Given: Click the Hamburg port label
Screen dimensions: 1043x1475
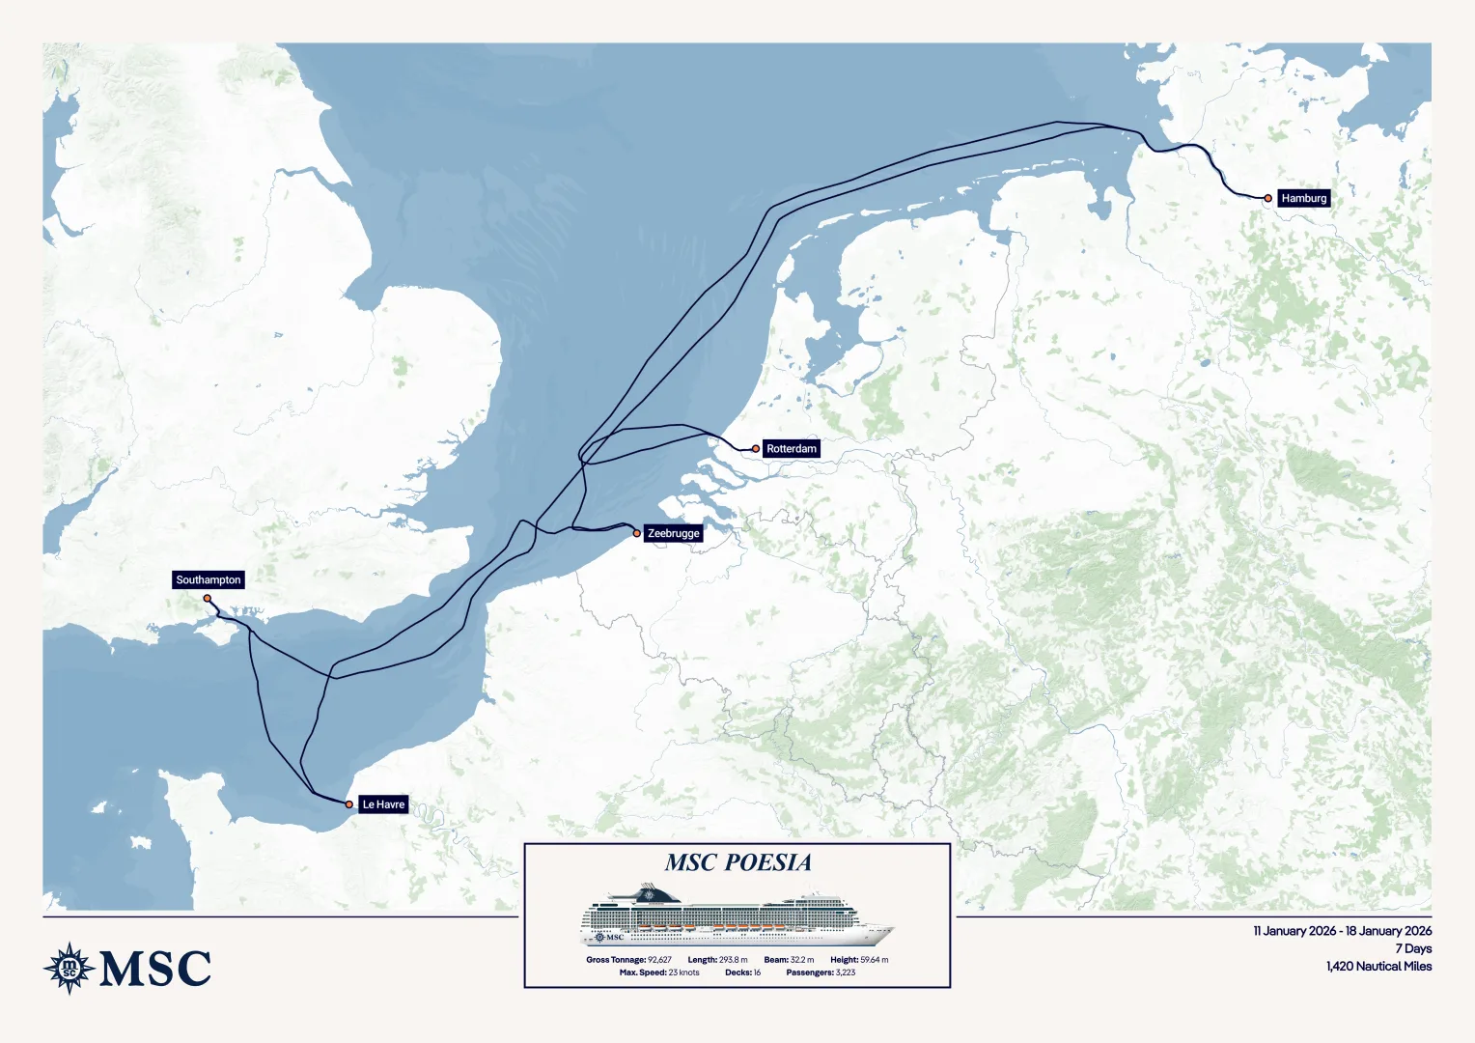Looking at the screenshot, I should (1303, 198).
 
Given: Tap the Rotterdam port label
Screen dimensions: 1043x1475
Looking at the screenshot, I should (791, 449).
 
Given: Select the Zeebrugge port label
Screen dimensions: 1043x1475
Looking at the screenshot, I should (673, 533).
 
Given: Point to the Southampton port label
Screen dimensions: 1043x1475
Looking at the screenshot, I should (209, 580).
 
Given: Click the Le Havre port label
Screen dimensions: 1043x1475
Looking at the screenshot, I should (383, 804).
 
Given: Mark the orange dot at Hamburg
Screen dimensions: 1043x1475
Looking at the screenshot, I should (1268, 198).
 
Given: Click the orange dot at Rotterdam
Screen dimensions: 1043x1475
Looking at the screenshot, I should (756, 449).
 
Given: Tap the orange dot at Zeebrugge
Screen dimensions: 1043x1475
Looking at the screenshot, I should (637, 533).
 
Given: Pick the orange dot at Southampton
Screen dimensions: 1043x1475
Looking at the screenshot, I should (208, 599).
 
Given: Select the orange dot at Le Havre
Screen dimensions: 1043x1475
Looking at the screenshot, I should (349, 804).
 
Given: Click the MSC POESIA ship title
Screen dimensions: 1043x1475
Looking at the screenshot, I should (737, 862).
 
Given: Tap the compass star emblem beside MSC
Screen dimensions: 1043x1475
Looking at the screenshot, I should (69, 968).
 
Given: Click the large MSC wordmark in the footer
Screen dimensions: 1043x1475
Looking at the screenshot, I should (155, 969).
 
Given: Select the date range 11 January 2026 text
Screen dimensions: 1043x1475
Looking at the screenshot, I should (1342, 931).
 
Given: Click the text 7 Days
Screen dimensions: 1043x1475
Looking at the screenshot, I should (1413, 948).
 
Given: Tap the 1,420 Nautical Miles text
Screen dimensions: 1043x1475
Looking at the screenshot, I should (1378, 966).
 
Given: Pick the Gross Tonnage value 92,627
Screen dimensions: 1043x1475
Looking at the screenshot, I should (659, 960).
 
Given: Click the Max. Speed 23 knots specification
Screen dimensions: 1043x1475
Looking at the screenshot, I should (659, 973).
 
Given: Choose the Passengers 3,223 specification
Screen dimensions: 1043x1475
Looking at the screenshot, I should (821, 973).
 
